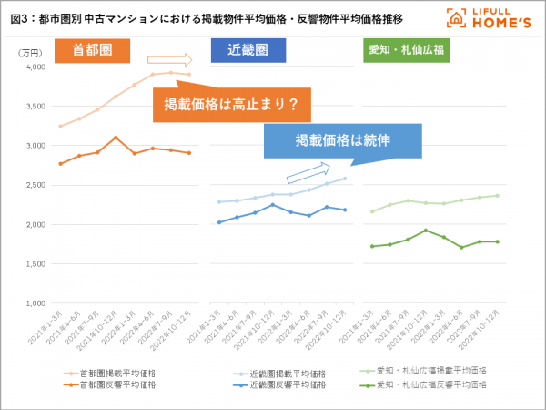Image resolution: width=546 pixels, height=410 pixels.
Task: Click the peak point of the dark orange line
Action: [116, 138]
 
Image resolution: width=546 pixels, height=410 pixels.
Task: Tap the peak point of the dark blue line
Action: [273, 205]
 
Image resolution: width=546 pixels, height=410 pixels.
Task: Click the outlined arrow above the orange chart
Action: [182, 61]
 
